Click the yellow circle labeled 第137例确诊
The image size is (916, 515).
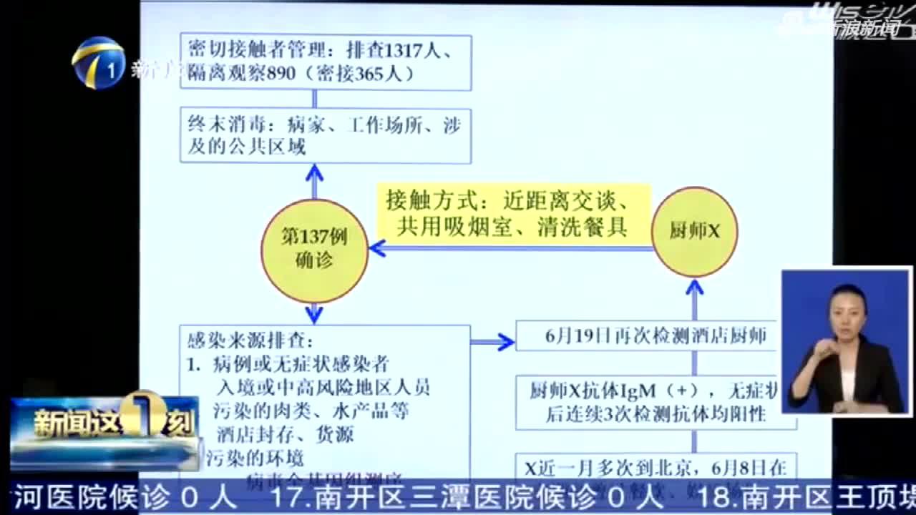click(x=314, y=250)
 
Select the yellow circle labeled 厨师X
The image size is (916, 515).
click(x=694, y=232)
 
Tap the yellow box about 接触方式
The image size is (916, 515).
click(x=514, y=213)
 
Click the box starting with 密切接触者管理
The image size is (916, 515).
click(x=326, y=62)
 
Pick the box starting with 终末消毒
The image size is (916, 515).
click(x=326, y=136)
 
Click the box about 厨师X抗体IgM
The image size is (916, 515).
click(x=655, y=402)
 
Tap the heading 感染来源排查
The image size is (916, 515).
click(x=250, y=339)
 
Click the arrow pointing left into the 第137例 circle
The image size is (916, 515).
click(x=379, y=249)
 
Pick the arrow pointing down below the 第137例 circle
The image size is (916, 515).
click(x=314, y=314)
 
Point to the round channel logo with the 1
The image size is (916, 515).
click(x=98, y=62)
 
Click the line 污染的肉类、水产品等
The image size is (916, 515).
click(x=311, y=411)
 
